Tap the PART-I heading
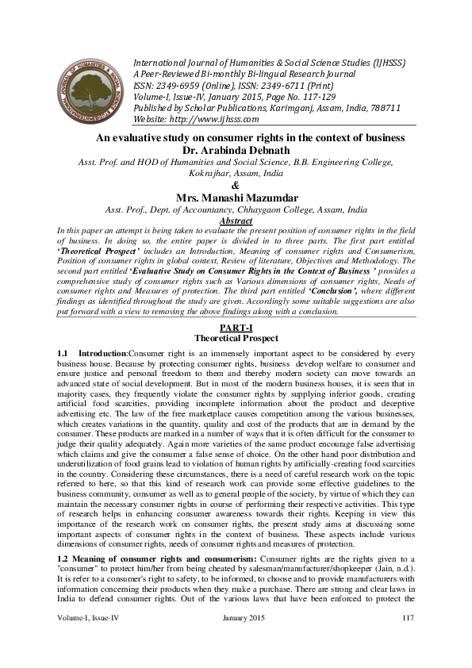(x=236, y=328)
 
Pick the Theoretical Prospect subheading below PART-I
(x=236, y=339)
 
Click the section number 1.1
(x=63, y=352)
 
